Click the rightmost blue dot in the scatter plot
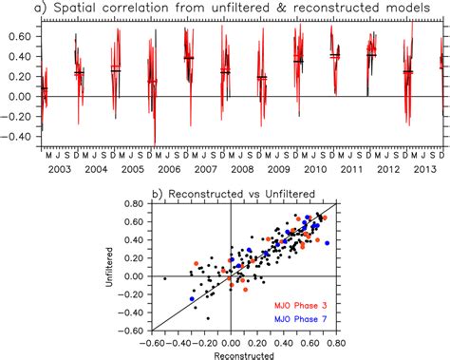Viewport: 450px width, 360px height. pos(328,243)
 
